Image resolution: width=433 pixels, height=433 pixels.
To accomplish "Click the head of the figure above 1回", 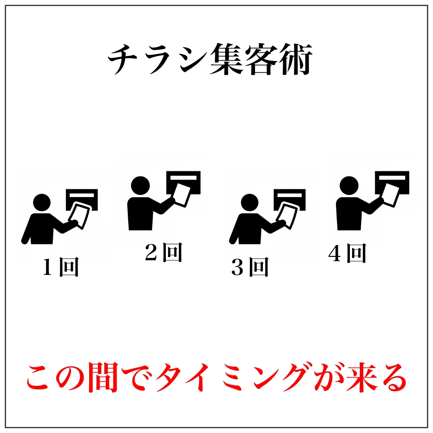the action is [42, 203].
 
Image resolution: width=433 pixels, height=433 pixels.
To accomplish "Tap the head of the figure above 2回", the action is [140, 185].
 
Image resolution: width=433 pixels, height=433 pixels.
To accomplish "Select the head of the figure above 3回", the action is [250, 203].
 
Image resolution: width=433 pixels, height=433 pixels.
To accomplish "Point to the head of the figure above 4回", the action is [349, 185].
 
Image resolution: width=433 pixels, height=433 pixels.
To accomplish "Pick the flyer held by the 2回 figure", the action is [182, 195].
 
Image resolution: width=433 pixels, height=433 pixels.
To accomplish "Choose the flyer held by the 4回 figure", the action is [391, 195].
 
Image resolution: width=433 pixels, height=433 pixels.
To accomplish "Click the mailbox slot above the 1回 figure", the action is [82, 195].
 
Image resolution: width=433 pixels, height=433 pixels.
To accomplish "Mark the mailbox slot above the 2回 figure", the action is [183, 178].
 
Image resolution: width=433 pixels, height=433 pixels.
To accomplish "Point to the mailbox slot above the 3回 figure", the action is [289, 195].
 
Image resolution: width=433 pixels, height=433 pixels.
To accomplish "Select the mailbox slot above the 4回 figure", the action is [392, 178].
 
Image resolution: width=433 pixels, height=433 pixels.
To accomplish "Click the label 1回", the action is [61, 267].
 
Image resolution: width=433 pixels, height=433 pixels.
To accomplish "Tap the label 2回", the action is [164, 252].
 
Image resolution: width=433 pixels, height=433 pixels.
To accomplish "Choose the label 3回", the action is [250, 267].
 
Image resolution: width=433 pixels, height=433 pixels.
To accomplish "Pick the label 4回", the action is [347, 253].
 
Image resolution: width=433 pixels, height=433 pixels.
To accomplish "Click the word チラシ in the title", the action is [158, 59].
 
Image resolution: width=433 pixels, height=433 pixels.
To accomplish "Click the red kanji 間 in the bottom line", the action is [103, 377].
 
